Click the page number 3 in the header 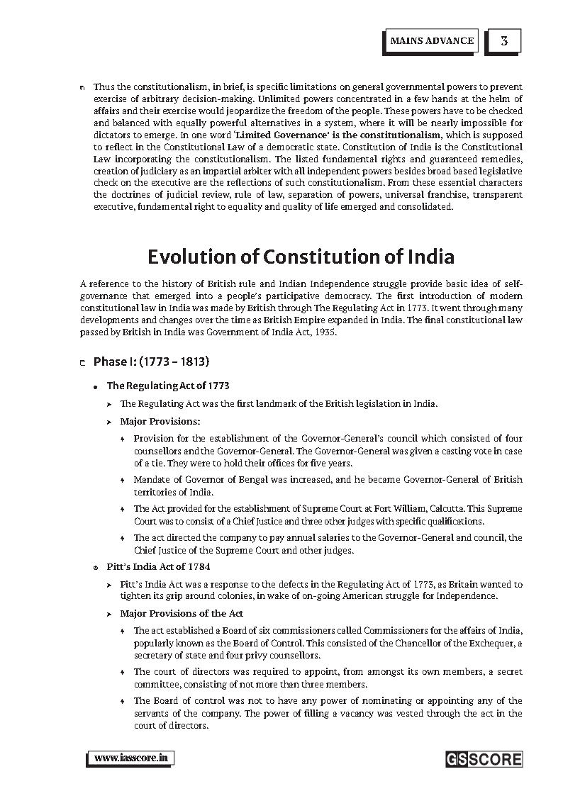(x=503, y=40)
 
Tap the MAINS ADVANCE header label (x=432, y=40)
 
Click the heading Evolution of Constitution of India (x=301, y=256)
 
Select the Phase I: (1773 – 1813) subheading (x=151, y=361)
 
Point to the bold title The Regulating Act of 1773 (x=168, y=386)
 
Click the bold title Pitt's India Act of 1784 (x=158, y=567)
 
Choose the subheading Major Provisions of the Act (x=182, y=613)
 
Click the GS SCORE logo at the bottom (x=484, y=759)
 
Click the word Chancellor (x=403, y=643)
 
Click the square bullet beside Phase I (x=83, y=363)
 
